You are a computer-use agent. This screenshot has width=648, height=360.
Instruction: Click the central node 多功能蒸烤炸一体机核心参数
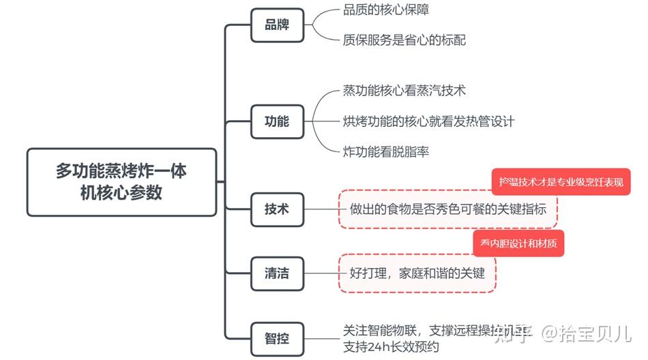coord(121,182)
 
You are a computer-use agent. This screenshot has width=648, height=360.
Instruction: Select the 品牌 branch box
coord(276,25)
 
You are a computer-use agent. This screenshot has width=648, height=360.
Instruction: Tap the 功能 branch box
coord(276,121)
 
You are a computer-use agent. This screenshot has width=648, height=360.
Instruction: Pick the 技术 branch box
coord(276,209)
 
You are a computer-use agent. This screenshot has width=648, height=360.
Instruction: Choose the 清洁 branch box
coord(276,273)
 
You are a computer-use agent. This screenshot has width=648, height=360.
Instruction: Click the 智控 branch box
coord(276,336)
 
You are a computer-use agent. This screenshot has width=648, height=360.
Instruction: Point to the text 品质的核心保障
coord(386,10)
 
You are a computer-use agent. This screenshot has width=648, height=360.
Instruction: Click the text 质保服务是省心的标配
coord(404,40)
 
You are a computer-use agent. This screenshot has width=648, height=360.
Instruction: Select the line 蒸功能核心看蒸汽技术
coord(404,91)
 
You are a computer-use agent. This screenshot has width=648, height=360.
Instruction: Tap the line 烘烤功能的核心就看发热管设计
coord(428,121)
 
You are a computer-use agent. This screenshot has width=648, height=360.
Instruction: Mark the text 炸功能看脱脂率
coord(386,151)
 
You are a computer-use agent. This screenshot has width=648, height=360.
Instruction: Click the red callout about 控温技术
coord(561,182)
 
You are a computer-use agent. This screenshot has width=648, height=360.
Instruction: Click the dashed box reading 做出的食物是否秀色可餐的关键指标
coord(448,209)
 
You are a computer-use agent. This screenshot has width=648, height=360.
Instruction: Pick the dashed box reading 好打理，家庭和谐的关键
coord(417,273)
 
